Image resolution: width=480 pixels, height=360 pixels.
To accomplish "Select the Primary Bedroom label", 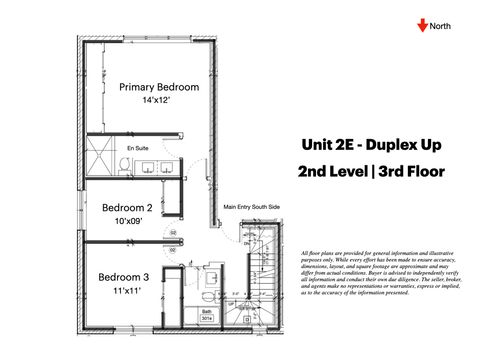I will (x=159, y=87).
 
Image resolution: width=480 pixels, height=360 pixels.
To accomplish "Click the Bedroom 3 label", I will (x=124, y=277).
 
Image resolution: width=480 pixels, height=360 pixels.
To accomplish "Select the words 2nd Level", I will (x=331, y=171).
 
